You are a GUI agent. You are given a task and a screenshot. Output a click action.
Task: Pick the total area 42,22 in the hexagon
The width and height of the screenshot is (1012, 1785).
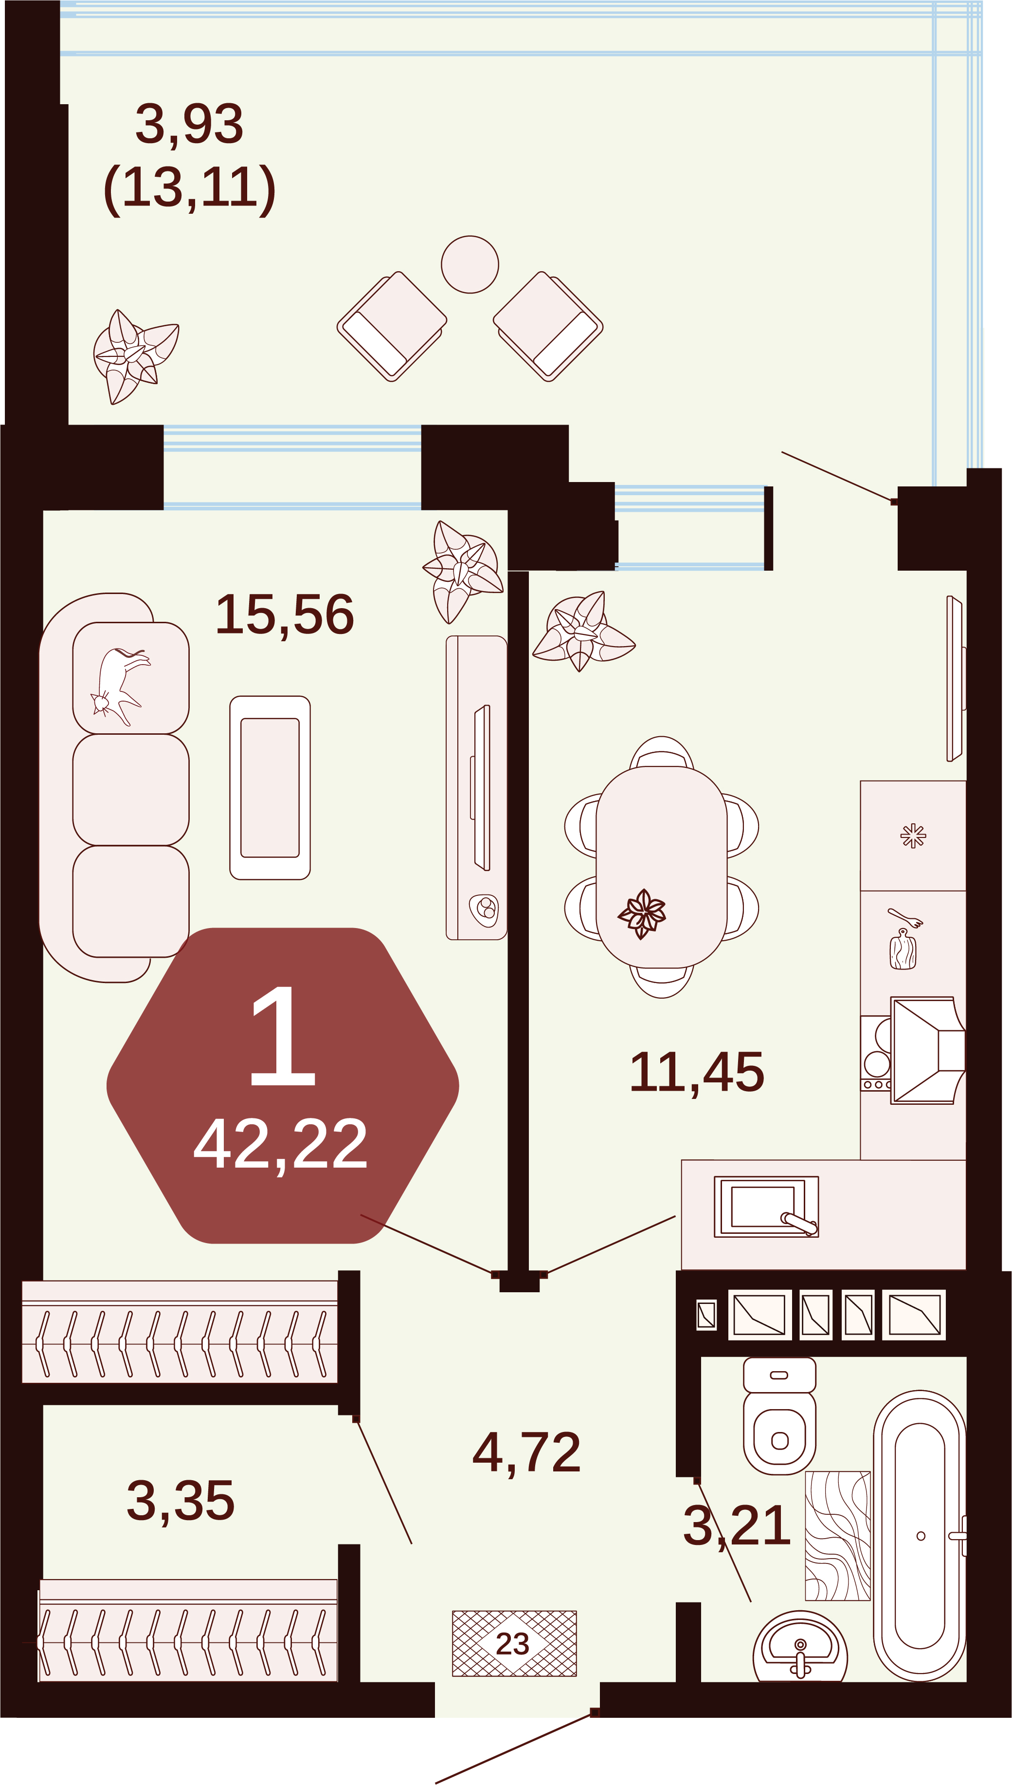280,1145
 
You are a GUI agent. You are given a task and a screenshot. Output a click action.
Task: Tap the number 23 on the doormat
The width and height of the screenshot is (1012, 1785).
513,1644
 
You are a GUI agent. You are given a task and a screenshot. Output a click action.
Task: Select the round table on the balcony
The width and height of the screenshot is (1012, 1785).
470,264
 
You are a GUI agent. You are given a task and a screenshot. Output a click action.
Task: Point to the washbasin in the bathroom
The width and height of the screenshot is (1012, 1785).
800,1647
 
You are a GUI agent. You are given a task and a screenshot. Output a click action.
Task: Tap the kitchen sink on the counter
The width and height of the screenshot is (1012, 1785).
766,1207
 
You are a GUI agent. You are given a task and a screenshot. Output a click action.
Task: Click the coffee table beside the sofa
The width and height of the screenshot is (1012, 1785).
270,788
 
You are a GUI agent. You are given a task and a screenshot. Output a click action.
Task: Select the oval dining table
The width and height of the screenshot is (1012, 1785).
662,867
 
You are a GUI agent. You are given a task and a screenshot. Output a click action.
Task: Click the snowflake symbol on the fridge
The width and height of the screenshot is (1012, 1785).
913,836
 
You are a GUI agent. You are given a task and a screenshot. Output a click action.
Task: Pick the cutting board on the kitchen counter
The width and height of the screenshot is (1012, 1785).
903,950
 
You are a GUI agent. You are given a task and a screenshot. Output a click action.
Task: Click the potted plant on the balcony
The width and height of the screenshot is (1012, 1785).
136,356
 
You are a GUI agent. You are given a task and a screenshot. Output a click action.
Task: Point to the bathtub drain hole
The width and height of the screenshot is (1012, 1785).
921,1536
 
